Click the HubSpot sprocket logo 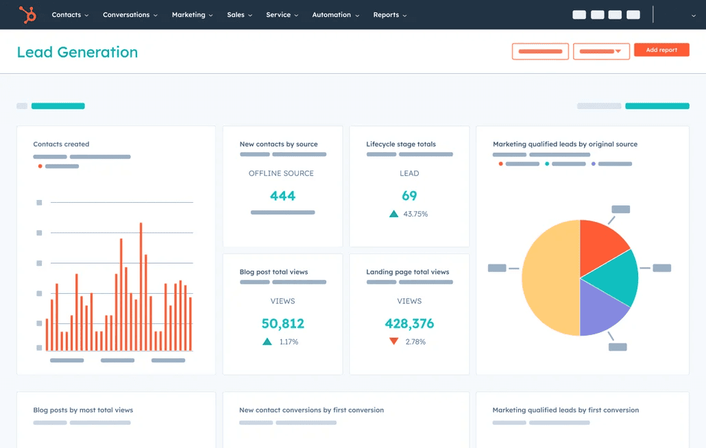(28, 14)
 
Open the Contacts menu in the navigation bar (69, 14)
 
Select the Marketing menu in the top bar (191, 14)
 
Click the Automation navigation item (334, 14)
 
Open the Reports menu (389, 14)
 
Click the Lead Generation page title (77, 52)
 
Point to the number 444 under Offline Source (282, 196)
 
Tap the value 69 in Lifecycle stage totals (409, 196)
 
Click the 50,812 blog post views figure (282, 323)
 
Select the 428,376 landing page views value (409, 323)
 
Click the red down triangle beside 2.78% (393, 341)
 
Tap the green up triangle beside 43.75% (393, 214)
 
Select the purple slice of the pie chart (601, 309)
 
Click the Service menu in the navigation (282, 14)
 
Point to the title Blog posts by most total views (83, 410)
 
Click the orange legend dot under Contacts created (40, 166)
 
